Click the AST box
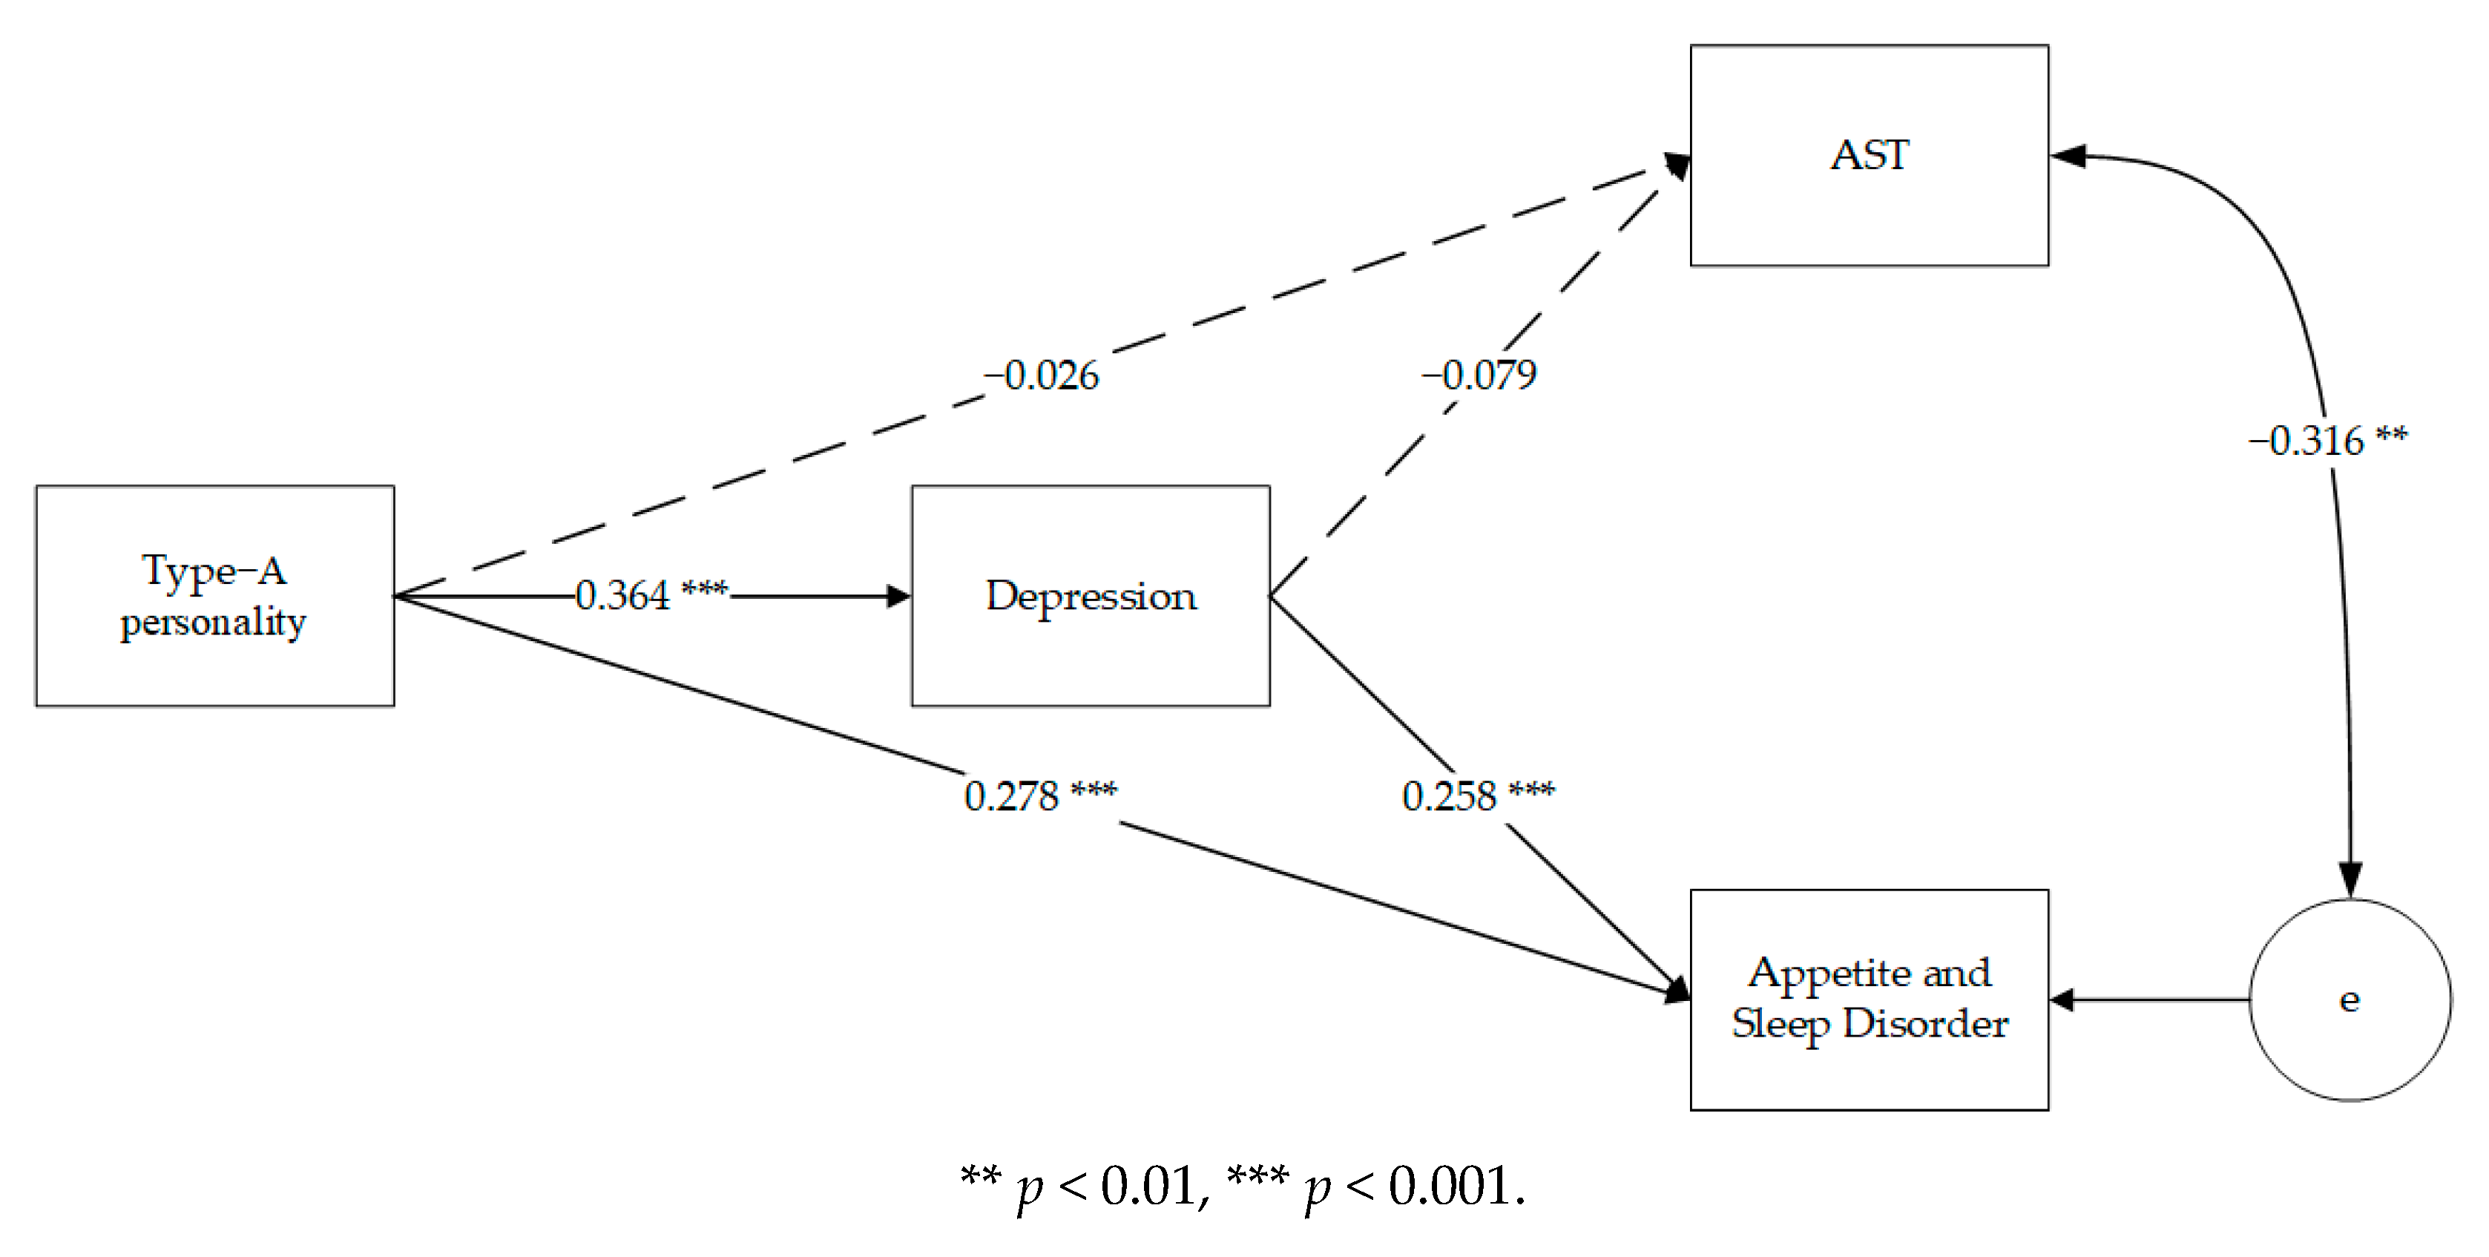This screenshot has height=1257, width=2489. (1869, 154)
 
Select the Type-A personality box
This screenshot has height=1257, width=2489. (214, 595)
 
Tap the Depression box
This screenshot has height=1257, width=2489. (1090, 595)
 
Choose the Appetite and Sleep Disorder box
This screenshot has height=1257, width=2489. (1869, 999)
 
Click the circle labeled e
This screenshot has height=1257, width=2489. (2350, 999)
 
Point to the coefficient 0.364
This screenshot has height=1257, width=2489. (622, 595)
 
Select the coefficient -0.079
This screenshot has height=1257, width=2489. (1479, 375)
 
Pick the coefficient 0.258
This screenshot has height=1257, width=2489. (1450, 796)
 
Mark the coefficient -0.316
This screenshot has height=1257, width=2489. (2306, 441)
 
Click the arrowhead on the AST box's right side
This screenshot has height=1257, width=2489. (2066, 156)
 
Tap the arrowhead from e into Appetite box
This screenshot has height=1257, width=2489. (2062, 999)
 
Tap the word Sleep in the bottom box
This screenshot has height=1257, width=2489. (1780, 1024)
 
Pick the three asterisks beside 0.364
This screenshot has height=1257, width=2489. (704, 588)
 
